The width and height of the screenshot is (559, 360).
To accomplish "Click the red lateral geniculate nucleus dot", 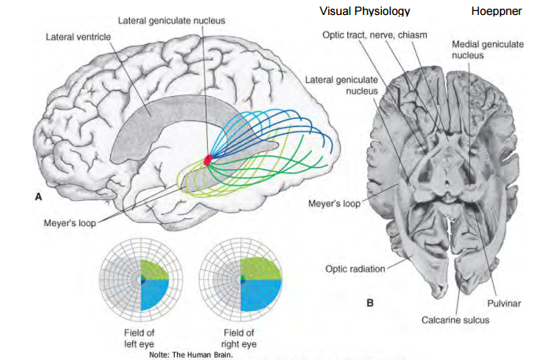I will [209, 159].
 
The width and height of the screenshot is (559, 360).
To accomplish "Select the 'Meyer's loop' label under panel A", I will [69, 222].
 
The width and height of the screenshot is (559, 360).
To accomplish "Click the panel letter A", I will [37, 199].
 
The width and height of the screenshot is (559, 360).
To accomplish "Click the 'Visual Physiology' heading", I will [365, 11].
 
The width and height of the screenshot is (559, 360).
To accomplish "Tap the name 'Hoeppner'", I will [496, 12].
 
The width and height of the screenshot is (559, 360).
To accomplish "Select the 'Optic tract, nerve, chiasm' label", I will [374, 35].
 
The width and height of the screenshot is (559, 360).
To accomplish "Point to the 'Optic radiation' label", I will [355, 269].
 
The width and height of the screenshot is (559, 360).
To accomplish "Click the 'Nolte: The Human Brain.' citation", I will [180, 354].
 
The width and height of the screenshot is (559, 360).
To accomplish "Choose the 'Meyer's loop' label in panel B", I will [335, 204].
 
